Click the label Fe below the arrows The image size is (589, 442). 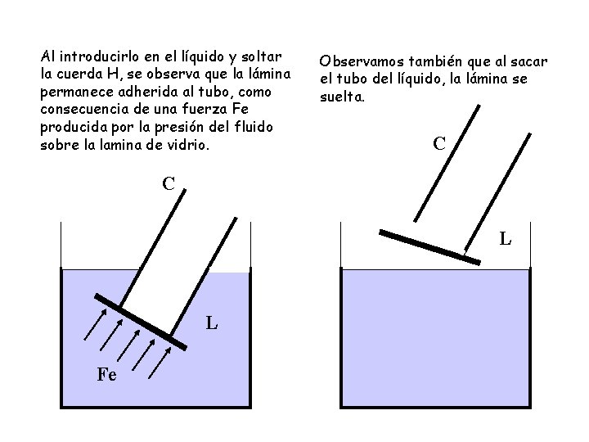106,376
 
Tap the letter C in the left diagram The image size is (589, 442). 169,183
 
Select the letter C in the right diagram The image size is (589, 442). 438,144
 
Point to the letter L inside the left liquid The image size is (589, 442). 211,323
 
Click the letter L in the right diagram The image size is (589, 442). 506,240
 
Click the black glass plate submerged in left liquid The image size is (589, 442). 140,320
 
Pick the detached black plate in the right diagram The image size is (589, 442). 429,245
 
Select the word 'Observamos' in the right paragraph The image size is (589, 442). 361,61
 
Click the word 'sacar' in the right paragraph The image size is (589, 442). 528,61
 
